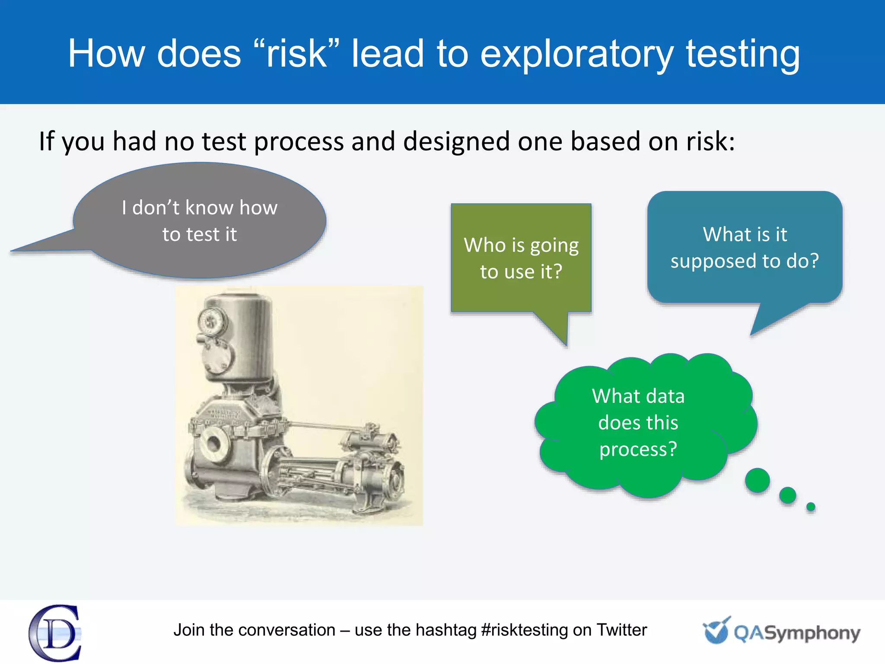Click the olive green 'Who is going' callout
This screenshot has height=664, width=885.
pos(521,258)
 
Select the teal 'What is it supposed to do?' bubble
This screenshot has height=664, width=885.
pos(744,247)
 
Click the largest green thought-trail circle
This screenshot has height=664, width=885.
pos(757,480)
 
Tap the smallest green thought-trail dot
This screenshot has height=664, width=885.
pos(811,507)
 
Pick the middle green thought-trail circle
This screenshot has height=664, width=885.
pos(787,495)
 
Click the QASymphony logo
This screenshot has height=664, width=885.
pos(781,632)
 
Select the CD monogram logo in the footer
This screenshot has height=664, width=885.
pos(55,632)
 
